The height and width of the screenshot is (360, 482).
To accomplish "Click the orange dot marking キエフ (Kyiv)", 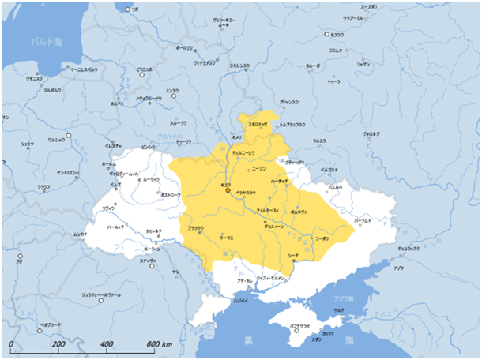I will pyautogui.click(x=228, y=190).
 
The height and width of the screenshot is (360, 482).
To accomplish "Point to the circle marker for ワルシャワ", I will pyautogui.click(x=69, y=135).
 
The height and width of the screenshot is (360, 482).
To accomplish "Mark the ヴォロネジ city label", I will pyautogui.click(x=371, y=134).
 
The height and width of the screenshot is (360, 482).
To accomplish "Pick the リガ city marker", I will pyautogui.click(x=128, y=9).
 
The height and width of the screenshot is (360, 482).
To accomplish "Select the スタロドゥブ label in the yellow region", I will pyautogui.click(x=258, y=125).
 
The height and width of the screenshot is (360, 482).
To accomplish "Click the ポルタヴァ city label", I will pyautogui.click(x=299, y=212).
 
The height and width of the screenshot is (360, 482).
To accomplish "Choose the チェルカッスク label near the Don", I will pyautogui.click(x=409, y=249).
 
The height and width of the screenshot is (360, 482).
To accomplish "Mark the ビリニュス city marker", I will pyautogui.click(x=134, y=72).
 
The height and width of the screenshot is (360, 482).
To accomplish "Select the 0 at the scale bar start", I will pyautogui.click(x=12, y=345).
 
